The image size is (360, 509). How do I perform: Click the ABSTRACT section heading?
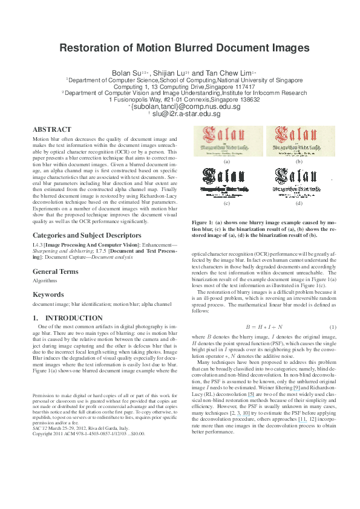51,129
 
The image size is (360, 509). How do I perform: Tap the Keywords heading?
48,294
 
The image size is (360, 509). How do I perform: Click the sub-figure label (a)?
227,162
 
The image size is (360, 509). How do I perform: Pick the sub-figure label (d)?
298,203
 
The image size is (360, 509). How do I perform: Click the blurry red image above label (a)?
227,141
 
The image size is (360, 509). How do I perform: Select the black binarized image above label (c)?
227,181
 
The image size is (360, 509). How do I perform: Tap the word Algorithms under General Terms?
45,281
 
